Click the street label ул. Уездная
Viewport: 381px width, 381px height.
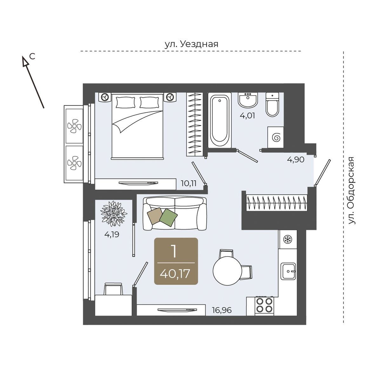(x=191, y=44)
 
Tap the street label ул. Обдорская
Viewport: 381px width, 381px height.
(x=351, y=190)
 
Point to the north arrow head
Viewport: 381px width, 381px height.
(x=25, y=61)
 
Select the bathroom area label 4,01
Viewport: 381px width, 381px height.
(x=247, y=116)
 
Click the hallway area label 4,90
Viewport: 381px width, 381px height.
(x=296, y=160)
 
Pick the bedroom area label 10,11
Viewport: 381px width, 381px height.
(x=189, y=184)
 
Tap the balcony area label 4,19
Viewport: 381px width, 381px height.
(x=112, y=235)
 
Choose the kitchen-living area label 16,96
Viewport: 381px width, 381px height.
(x=222, y=310)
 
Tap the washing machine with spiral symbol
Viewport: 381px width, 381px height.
(x=276, y=137)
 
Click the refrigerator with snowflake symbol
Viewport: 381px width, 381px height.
(x=287, y=240)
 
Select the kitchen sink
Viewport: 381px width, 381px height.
(x=288, y=271)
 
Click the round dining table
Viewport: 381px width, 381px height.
(x=227, y=271)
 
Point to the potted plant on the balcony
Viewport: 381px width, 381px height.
(x=114, y=214)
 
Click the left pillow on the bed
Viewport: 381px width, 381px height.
(x=126, y=103)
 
